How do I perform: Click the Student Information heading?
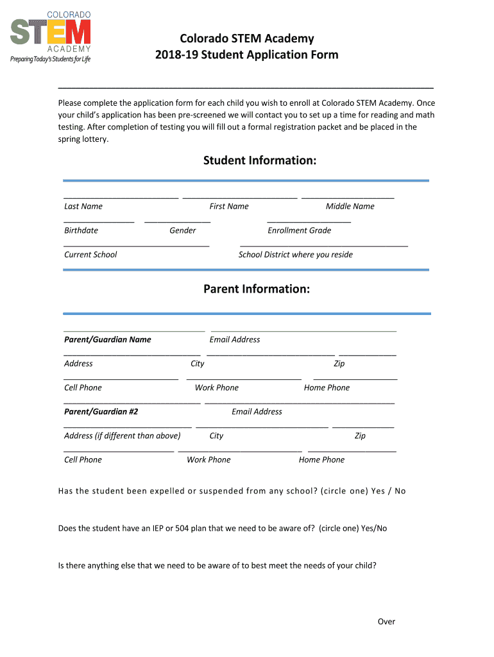[260, 160]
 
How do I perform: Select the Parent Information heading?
[257, 289]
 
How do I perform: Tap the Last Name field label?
[83, 207]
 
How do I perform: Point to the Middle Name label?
[350, 207]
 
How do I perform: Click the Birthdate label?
[81, 230]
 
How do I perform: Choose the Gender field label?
[183, 230]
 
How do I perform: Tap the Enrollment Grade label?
[300, 230]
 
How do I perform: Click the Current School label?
[90, 255]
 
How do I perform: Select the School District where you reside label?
[296, 255]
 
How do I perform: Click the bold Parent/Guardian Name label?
[108, 339]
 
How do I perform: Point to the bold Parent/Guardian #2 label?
[101, 412]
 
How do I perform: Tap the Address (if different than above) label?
[123, 436]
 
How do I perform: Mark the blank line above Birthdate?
[99, 222]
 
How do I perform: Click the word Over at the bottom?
[386, 622]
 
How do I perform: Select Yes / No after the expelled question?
[388, 491]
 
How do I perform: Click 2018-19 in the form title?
[177, 55]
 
